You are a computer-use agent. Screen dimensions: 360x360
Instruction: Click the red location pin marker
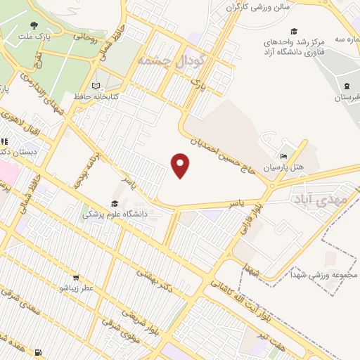[x=181, y=166]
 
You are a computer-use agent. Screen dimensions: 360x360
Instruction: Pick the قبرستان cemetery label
[x=347, y=96]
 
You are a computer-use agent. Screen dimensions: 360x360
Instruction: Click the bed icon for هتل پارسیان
[x=283, y=156]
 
